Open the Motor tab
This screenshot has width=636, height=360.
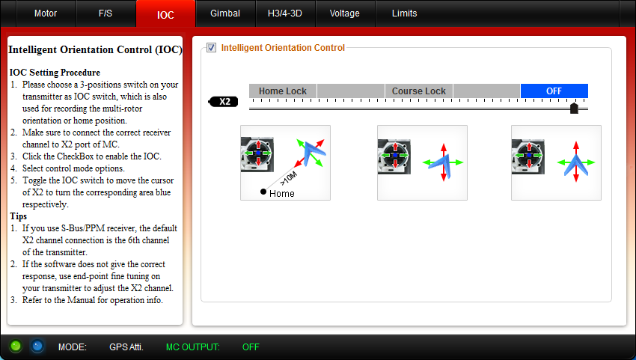pos(46,13)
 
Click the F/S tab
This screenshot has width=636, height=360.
pos(106,13)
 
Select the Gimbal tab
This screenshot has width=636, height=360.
pos(225,13)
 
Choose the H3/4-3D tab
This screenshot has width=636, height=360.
pos(285,13)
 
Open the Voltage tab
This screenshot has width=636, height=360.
pos(345,13)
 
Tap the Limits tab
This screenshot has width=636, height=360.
pos(404,13)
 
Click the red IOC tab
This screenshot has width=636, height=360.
pos(165,14)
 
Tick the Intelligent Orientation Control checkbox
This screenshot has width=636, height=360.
pos(211,48)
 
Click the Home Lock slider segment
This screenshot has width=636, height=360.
pos(283,91)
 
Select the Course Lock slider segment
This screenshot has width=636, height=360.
pos(418,91)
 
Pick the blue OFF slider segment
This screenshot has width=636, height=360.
pos(554,91)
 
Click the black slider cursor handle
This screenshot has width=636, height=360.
pos(574,109)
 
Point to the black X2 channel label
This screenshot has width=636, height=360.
pos(224,102)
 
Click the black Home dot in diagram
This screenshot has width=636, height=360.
pos(263,192)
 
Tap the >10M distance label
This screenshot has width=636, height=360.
pos(288,179)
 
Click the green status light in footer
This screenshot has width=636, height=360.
pos(16,347)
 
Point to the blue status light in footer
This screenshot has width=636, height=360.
pos(37,347)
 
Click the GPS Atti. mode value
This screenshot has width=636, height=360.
pos(126,347)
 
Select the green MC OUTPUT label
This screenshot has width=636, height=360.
pos(192,347)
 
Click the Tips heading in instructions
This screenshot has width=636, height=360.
pos(18,216)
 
